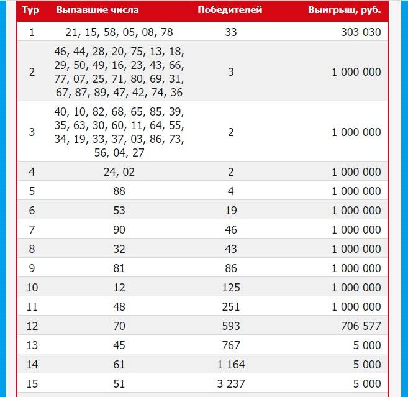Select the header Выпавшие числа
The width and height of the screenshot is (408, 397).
tap(97, 11)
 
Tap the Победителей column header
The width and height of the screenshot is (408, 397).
tap(230, 11)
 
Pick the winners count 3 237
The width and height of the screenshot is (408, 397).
tap(230, 384)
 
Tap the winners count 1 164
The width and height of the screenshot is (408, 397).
tap(230, 365)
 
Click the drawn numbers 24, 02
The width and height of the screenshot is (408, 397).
tap(119, 172)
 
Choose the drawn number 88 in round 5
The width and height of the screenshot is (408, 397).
tap(119, 191)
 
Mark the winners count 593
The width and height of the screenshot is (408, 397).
tap(230, 326)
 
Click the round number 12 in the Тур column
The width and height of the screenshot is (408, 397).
tap(32, 326)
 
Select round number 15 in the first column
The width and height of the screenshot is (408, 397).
tap(32, 384)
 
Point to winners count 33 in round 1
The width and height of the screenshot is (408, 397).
tap(230, 32)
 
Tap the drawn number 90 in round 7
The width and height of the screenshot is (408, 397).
tap(119, 230)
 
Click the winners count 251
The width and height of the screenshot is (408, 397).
tap(230, 307)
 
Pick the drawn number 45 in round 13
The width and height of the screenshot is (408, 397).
tap(119, 345)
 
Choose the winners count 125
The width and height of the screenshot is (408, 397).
tap(230, 288)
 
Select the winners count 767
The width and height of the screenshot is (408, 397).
tap(230, 345)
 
